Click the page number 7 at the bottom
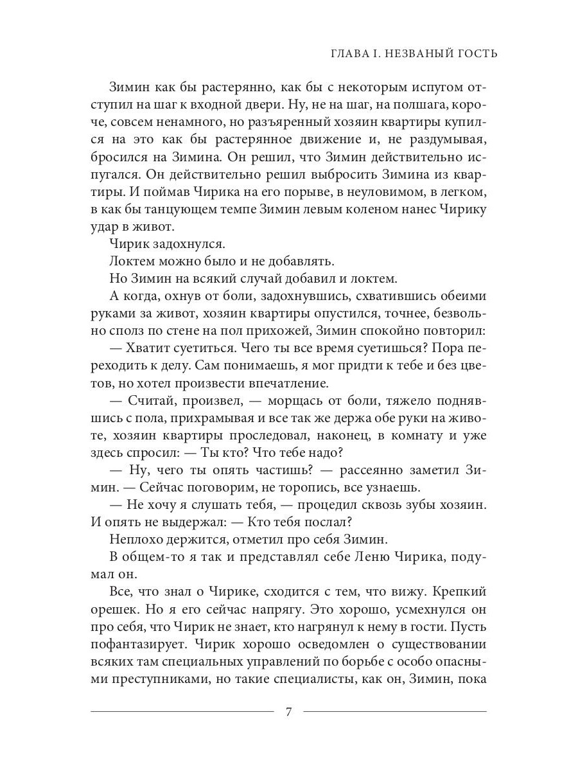288,711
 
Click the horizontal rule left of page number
183,711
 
